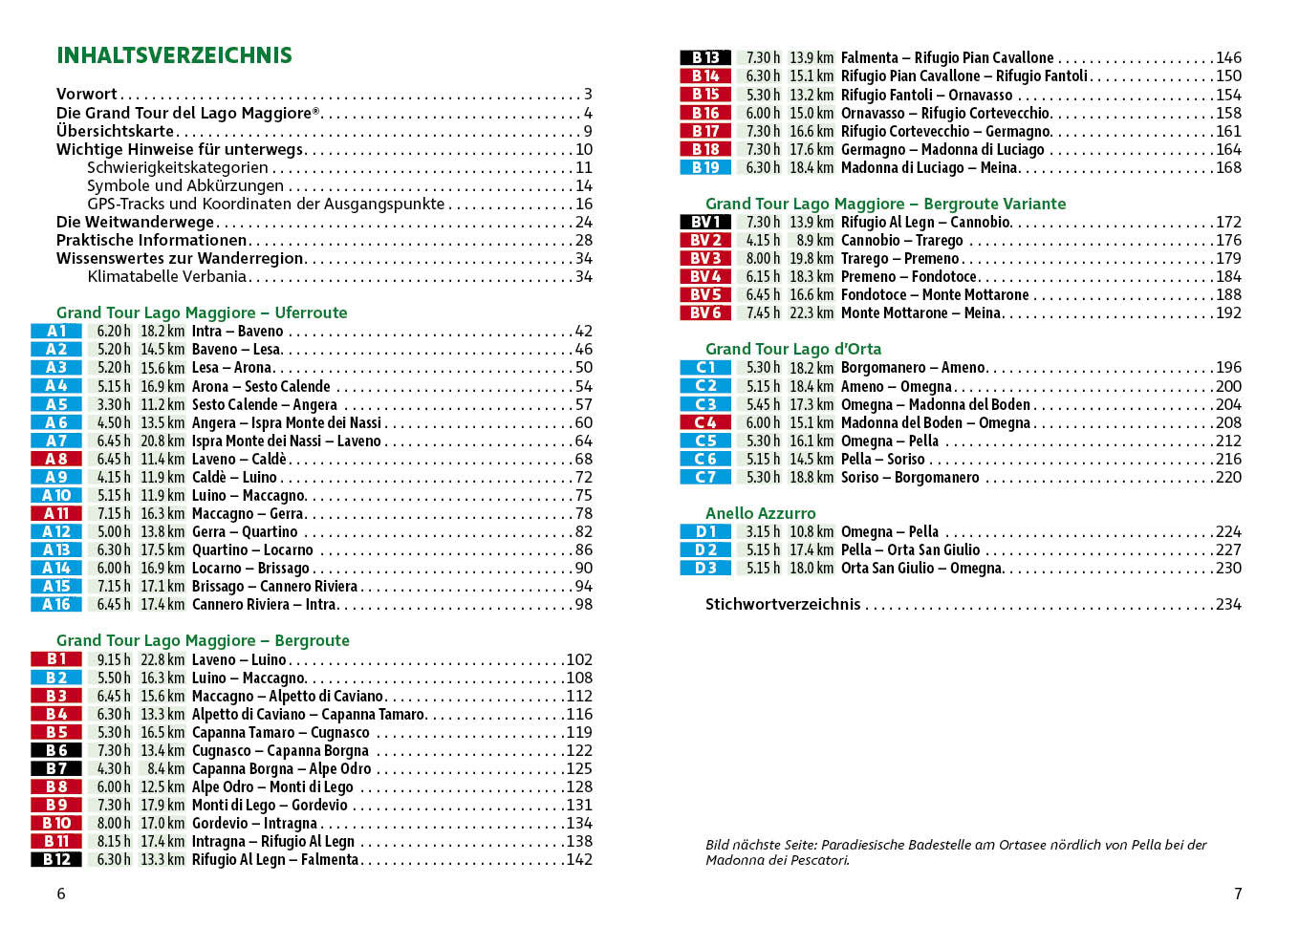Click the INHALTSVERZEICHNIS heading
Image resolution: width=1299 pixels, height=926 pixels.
coord(174,55)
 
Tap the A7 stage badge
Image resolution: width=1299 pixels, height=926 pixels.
coord(56,441)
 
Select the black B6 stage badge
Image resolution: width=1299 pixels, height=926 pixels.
coord(56,750)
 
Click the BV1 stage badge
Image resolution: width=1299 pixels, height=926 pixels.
coord(705,222)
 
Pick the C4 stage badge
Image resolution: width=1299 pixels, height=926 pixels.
coord(705,422)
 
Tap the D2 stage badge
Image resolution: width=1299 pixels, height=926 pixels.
coord(705,549)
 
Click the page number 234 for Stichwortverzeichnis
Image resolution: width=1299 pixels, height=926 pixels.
coord(1228,604)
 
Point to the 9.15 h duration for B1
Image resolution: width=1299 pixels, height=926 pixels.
coord(114,659)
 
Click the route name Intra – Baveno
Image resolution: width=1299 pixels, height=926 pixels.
coord(237,332)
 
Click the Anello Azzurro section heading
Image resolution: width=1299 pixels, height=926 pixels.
coord(760,513)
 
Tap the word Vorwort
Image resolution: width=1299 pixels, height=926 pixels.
coord(86,94)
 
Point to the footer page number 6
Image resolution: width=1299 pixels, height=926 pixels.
coord(61,894)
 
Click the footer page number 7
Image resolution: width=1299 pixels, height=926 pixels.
coord(1238,894)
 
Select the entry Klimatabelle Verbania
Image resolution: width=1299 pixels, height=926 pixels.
coord(167,276)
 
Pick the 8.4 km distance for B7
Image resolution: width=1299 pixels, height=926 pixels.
coord(165,768)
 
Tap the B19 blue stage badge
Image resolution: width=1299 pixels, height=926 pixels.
coord(705,167)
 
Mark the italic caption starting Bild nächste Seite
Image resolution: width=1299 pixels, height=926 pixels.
coord(956,851)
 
